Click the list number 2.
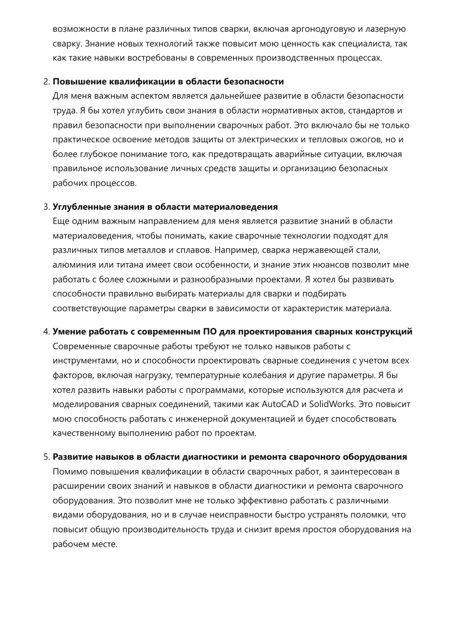(46, 82)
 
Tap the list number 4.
(46, 332)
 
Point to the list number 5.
(46, 457)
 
